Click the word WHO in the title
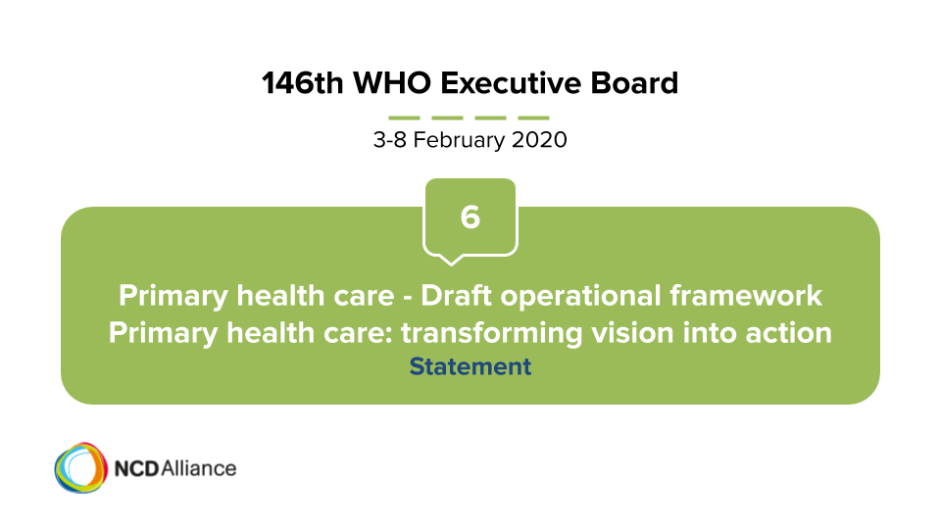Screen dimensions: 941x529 (392, 82)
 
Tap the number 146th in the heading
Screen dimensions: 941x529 (303, 82)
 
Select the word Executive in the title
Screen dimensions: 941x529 (511, 82)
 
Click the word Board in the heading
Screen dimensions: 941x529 (634, 82)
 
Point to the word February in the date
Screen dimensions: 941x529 (459, 140)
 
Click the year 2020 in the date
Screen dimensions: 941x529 (539, 140)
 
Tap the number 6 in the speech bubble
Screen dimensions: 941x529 (470, 216)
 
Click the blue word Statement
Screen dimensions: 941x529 (470, 366)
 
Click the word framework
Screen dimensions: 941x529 (745, 296)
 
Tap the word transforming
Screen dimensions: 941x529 (491, 333)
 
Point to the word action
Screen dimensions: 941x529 (788, 333)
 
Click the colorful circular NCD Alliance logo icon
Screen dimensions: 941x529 (81, 468)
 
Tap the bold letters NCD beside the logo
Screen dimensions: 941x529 (136, 468)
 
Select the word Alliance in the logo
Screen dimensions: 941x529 (199, 468)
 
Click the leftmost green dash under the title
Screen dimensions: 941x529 (404, 118)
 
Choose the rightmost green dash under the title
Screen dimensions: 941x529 (533, 118)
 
